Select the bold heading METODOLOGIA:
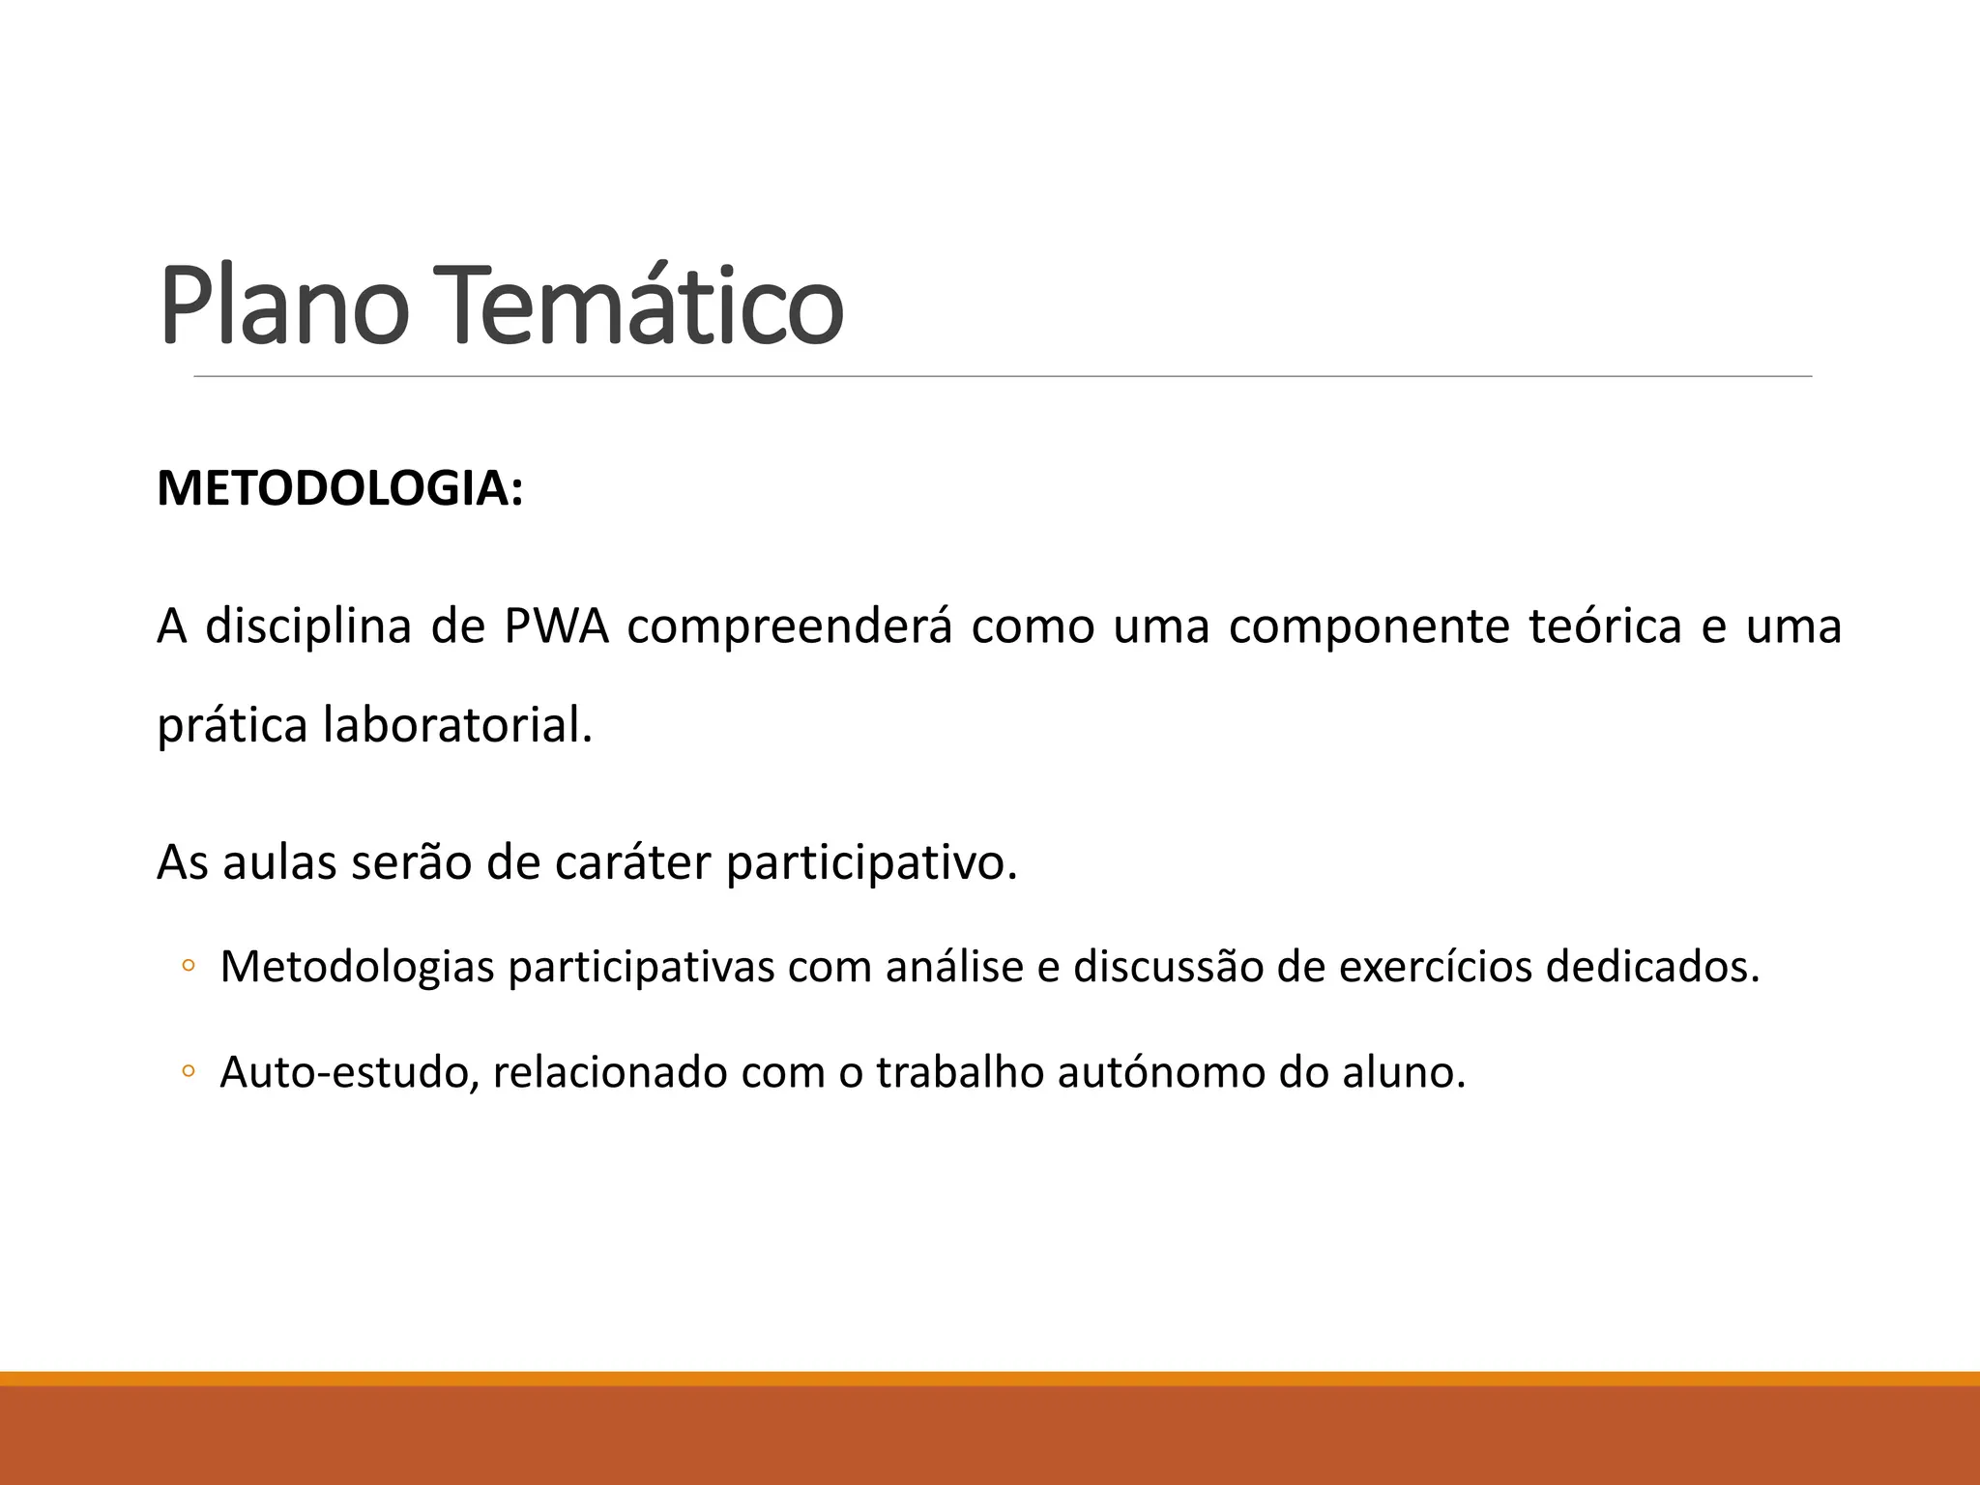point(339,488)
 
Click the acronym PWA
point(556,626)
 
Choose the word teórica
point(1605,626)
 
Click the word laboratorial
point(457,725)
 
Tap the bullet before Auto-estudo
point(188,1072)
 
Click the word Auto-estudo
point(349,1072)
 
